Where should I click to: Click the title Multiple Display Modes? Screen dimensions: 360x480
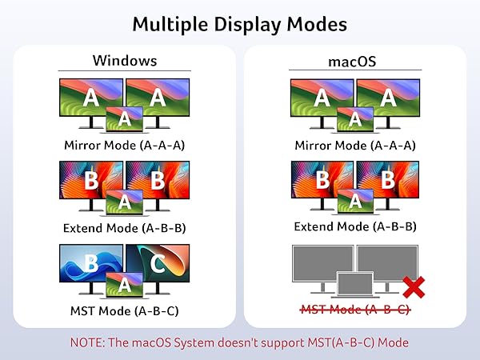click(x=239, y=23)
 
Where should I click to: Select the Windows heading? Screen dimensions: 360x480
click(x=124, y=60)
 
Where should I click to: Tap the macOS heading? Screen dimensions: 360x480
click(x=354, y=60)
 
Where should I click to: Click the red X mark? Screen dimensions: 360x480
click(x=413, y=286)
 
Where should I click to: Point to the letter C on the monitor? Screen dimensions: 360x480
click(x=158, y=265)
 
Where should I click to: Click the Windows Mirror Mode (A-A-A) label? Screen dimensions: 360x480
click(x=124, y=146)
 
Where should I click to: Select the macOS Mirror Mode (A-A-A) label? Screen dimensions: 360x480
click(x=354, y=146)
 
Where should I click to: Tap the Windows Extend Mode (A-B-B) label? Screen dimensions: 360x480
click(x=124, y=227)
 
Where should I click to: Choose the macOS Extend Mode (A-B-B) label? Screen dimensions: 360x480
click(x=354, y=227)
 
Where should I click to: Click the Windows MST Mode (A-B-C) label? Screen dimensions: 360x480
click(x=124, y=310)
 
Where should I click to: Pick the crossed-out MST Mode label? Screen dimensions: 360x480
click(x=354, y=310)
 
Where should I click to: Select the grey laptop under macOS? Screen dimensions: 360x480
click(x=354, y=286)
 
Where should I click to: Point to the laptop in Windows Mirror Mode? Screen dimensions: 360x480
click(x=124, y=119)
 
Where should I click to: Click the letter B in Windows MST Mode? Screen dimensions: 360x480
click(x=91, y=263)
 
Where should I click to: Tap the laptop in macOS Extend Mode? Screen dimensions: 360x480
click(x=354, y=202)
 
